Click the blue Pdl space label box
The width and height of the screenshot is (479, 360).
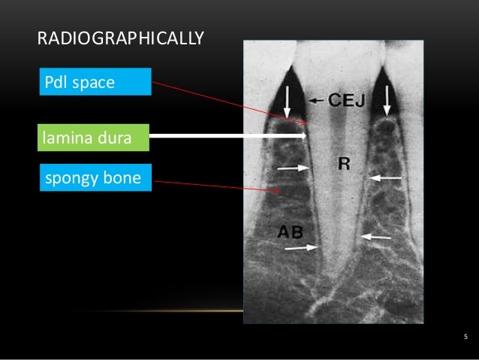(94, 81)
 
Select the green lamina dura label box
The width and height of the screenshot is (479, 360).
(92, 137)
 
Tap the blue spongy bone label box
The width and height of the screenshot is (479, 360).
(93, 178)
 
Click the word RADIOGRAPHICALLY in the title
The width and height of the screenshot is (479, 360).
(120, 38)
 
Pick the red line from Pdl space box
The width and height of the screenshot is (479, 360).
(225, 101)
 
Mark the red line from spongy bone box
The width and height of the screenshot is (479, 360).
(218, 185)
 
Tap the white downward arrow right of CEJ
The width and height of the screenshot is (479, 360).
(387, 100)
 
